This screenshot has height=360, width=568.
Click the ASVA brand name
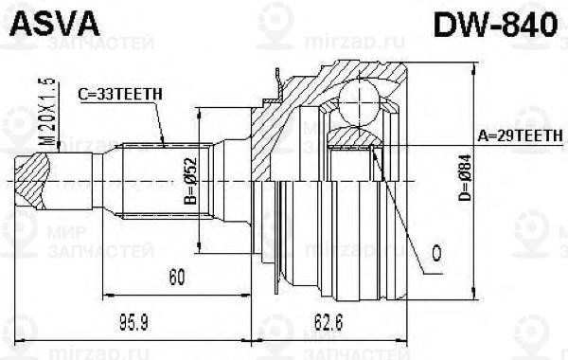pos(44,26)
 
